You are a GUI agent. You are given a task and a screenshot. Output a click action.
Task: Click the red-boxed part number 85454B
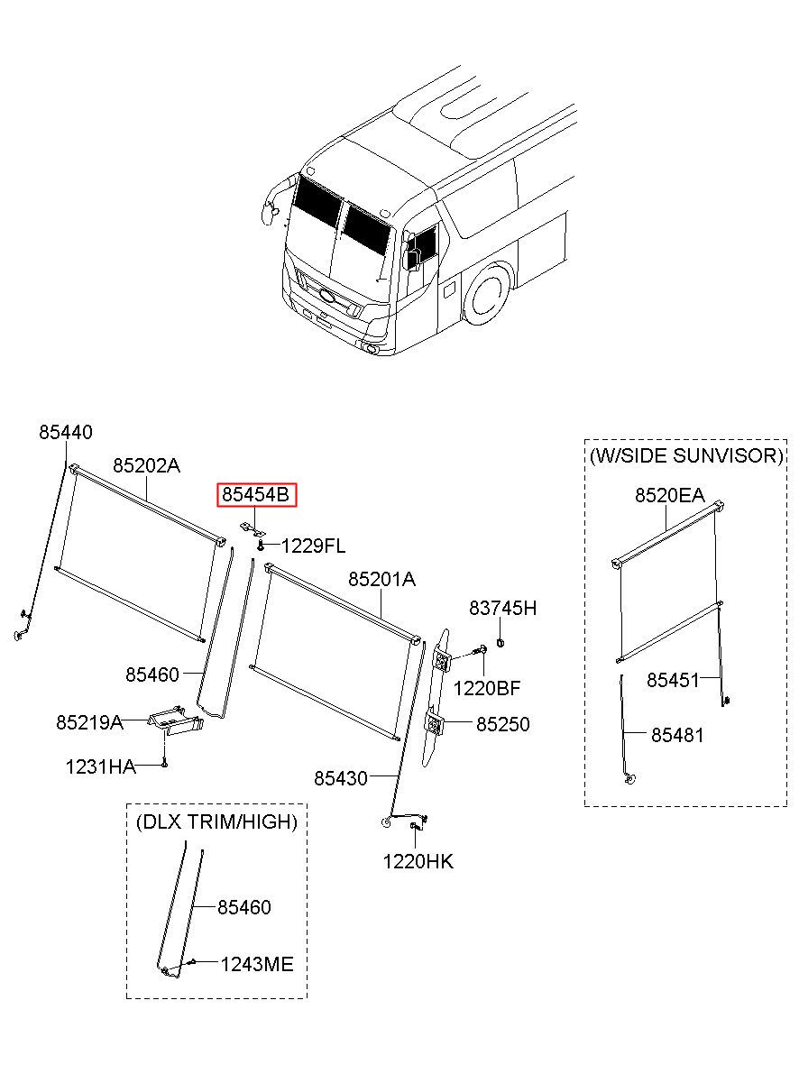click(256, 495)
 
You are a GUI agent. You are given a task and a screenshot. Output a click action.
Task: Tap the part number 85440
click(65, 433)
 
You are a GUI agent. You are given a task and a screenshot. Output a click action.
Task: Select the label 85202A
click(146, 466)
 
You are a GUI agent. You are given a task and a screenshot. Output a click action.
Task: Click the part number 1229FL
click(313, 546)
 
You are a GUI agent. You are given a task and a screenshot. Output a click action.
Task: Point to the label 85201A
click(381, 580)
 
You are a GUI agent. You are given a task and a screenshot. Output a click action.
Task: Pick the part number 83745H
click(502, 609)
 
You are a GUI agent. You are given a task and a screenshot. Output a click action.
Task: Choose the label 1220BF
click(486, 689)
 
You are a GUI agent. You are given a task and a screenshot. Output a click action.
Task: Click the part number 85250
click(502, 724)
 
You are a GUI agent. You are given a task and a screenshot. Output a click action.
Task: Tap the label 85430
click(341, 777)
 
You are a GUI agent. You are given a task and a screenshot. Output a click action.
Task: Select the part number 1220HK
click(418, 862)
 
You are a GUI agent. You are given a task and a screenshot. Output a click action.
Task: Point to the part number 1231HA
click(100, 767)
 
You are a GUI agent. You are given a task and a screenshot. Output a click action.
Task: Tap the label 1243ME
click(257, 965)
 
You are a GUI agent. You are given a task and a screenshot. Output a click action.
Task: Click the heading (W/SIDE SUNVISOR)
click(685, 456)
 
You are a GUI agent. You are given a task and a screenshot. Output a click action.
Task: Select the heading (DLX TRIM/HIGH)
click(216, 821)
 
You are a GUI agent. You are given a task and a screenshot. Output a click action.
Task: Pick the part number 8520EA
click(669, 495)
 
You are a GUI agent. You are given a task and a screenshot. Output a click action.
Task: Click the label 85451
click(673, 680)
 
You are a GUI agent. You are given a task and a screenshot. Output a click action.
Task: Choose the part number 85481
click(677, 736)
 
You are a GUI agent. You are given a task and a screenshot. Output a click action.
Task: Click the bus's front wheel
click(486, 295)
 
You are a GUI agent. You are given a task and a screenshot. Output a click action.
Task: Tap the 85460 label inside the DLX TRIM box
click(243, 908)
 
